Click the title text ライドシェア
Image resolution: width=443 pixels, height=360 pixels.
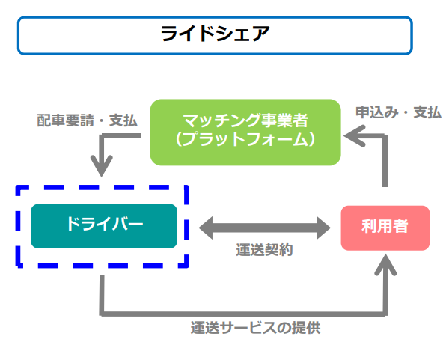coord(215,34)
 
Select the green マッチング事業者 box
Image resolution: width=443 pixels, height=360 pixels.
coord(245,132)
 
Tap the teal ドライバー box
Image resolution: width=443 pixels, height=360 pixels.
coord(104,226)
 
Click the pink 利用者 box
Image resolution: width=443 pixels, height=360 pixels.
coord(385,228)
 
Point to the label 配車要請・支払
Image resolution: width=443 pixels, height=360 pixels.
coord(87,120)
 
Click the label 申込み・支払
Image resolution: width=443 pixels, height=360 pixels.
coord(398,112)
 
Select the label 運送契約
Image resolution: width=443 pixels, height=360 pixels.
coord(264,250)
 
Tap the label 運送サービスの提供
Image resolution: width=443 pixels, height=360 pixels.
coord(255,328)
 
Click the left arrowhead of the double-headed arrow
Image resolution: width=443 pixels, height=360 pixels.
coord(206,228)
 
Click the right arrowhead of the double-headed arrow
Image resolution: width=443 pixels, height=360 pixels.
coord(324,228)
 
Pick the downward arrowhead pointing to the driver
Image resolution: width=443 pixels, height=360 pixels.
coord(102,166)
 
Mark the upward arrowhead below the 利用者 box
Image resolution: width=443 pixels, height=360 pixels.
coord(385,265)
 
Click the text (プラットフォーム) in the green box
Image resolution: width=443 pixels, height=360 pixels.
coord(245,139)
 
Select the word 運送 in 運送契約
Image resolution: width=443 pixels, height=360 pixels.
coord(250,250)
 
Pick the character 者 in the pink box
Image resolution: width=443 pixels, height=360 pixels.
coord(400,226)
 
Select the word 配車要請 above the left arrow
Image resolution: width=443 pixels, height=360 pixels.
coord(66,120)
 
